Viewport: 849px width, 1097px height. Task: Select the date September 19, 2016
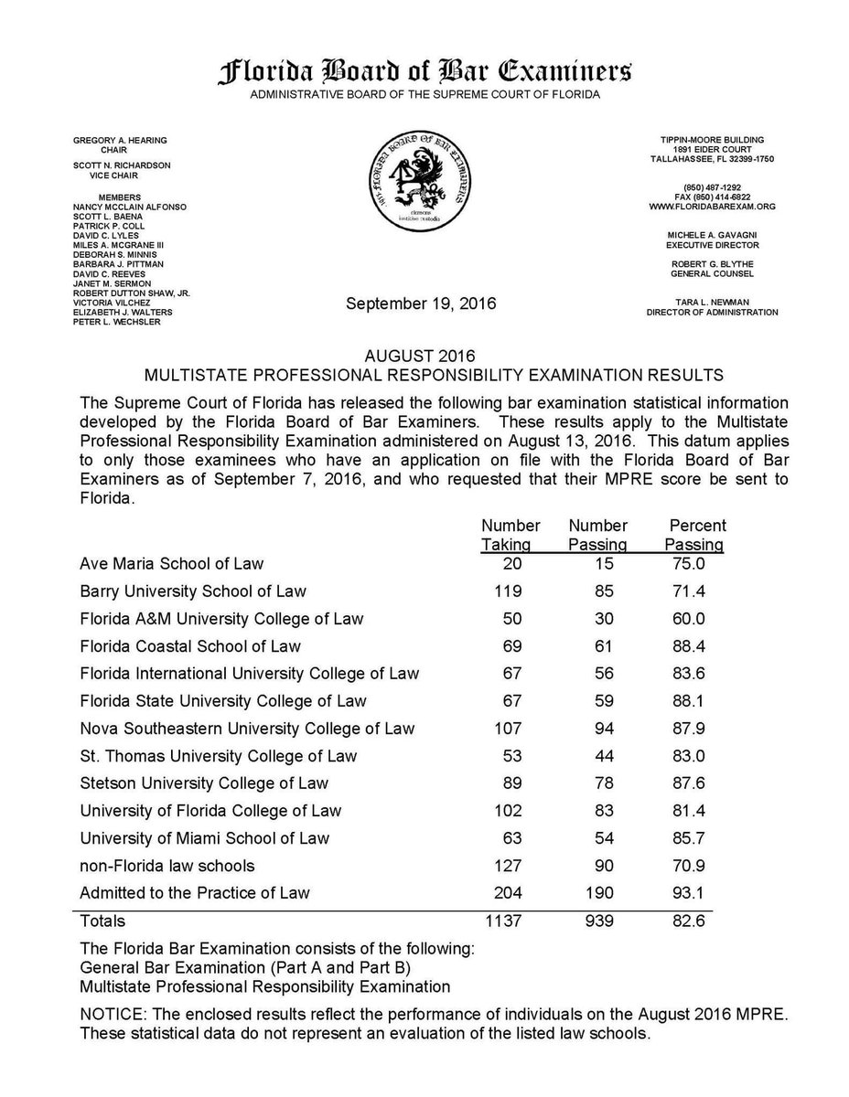pos(422,304)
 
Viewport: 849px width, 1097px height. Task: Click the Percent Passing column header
pos(697,535)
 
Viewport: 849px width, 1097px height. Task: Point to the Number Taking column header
pos(510,535)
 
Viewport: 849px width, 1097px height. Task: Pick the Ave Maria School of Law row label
pos(171,564)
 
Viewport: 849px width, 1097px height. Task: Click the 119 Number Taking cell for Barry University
pos(509,591)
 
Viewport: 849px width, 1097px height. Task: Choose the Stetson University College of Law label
pos(204,783)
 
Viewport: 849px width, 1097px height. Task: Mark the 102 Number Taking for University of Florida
pos(509,811)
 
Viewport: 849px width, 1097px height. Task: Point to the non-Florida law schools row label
pos(167,866)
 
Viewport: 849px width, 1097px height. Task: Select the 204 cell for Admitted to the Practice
pos(509,893)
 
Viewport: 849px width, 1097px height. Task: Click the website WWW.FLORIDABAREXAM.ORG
pos(712,208)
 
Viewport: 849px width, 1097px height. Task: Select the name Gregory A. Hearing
pos(120,139)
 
